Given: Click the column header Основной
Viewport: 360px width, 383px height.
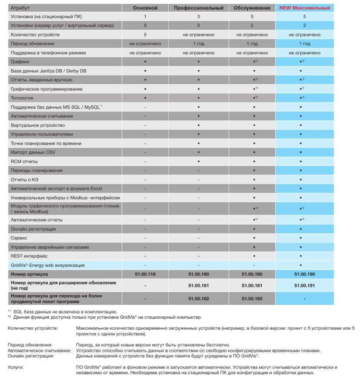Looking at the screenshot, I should [145, 8].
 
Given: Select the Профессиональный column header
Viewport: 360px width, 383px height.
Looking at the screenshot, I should [198, 8].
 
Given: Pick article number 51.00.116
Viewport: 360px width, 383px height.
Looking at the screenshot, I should [145, 274].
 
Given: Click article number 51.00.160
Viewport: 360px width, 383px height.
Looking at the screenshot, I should [198, 274].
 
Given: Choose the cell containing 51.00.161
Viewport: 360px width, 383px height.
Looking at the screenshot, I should [198, 285].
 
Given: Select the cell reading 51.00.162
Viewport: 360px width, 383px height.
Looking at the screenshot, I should [198, 299].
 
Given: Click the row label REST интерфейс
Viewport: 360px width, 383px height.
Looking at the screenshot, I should [29, 256].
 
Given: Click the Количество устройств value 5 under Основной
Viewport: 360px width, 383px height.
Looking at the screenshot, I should [145, 34].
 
